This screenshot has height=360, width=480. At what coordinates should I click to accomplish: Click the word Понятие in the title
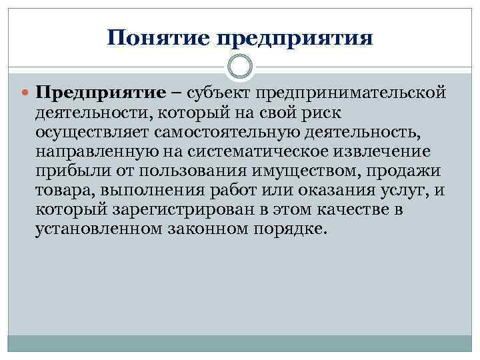point(157,38)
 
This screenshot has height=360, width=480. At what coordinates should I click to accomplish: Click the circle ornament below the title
point(239,67)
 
